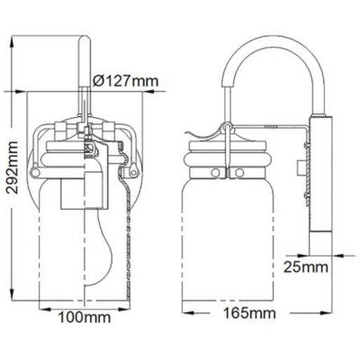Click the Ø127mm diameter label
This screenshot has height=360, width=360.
pyautogui.click(x=127, y=81)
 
